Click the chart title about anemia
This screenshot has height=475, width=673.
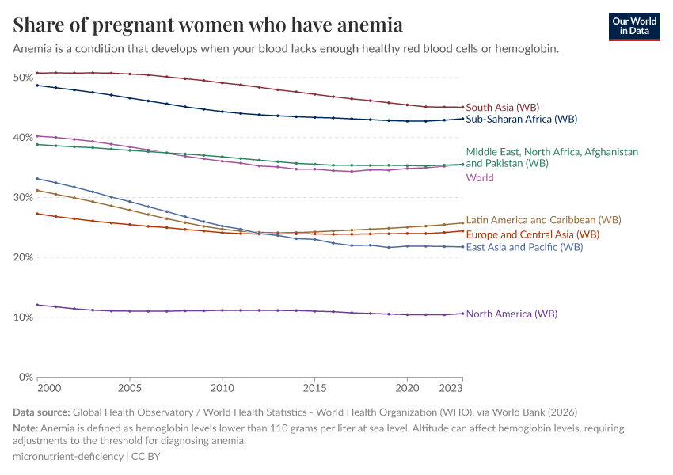207,25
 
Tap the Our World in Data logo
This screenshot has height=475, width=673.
633,25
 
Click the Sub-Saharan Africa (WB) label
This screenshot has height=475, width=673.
521,120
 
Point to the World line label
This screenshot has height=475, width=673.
480,178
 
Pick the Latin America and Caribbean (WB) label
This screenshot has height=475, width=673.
543,220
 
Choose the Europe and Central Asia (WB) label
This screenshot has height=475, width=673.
532,234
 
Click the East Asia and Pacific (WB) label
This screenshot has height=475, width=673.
524,247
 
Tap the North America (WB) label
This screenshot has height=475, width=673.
511,314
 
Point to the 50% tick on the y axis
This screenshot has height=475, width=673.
22,78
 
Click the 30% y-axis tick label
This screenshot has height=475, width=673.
22,197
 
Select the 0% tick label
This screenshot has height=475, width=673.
25,377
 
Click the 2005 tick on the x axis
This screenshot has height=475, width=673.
130,389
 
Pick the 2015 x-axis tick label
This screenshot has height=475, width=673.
315,389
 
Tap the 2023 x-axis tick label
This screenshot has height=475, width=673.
452,389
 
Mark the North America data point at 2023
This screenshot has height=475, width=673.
462,313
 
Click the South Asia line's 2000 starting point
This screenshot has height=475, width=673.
37,73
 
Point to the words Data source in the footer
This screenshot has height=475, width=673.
41,412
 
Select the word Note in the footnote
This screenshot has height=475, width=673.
25,428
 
